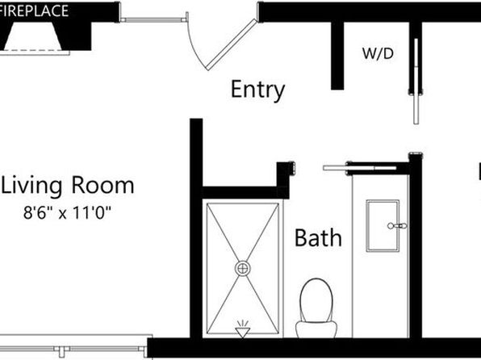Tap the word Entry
pyautogui.click(x=257, y=90)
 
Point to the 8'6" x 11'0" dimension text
pyautogui.click(x=67, y=214)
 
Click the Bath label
pyautogui.click(x=317, y=238)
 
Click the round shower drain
pyautogui.click(x=243, y=267)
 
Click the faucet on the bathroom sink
pyautogui.click(x=395, y=225)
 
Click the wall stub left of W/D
pyautogui.click(x=336, y=52)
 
